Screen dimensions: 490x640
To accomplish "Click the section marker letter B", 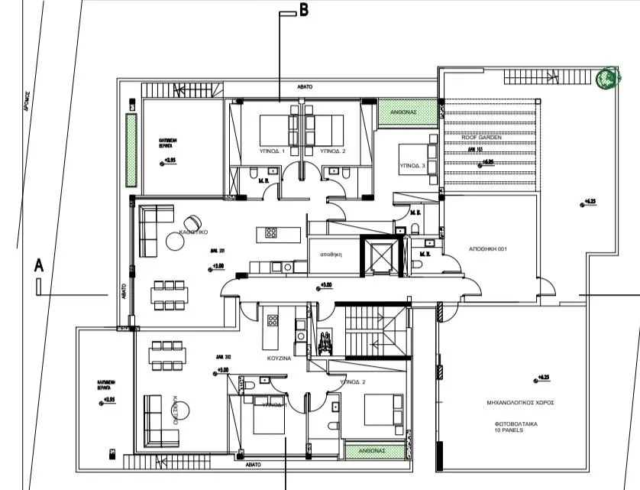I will tap(303, 11).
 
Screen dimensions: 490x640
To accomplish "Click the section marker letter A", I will tap(37, 265).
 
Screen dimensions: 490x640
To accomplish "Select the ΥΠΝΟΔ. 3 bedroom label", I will tap(412, 166).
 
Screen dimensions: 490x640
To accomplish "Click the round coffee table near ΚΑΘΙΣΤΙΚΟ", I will tap(176, 242).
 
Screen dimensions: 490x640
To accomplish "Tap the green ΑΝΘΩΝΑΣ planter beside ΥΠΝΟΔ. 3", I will tap(407, 112).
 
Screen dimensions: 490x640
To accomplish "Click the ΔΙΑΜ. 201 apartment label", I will tap(218, 249).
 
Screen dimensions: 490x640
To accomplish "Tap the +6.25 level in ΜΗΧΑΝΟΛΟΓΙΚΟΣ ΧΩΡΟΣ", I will tap(543, 378).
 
